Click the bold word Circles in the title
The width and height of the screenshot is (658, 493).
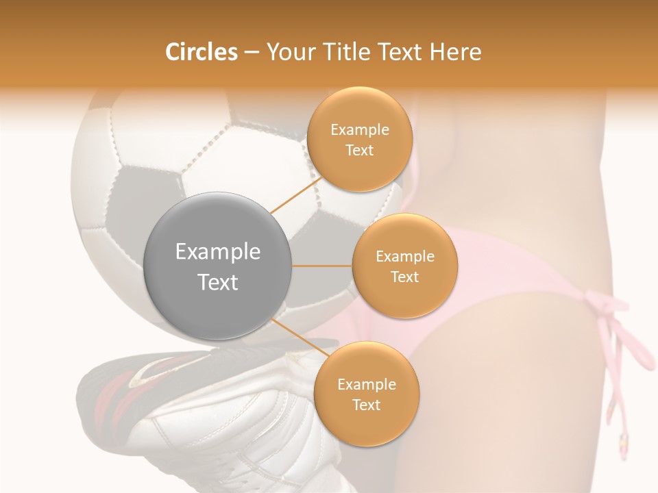pyautogui.click(x=201, y=52)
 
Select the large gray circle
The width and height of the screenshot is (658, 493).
pyautogui.click(x=218, y=266)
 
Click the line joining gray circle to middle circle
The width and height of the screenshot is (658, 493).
pyautogui.click(x=322, y=266)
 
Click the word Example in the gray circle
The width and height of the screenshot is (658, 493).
pyautogui.click(x=218, y=252)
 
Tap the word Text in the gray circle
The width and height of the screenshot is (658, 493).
pyautogui.click(x=218, y=282)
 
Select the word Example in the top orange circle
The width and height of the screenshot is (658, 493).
pyautogui.click(x=360, y=130)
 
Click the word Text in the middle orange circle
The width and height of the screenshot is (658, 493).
pyautogui.click(x=405, y=277)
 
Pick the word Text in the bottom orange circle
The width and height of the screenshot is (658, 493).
pyautogui.click(x=367, y=405)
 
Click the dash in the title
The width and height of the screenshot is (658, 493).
pyautogui.click(x=251, y=52)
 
